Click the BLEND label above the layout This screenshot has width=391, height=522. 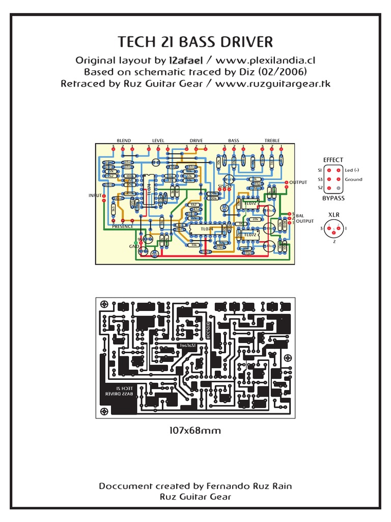(x=124, y=141)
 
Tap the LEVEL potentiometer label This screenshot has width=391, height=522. (x=158, y=141)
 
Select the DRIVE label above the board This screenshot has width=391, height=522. (x=196, y=141)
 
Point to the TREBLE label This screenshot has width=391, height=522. (x=272, y=141)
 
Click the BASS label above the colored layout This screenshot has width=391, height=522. (x=233, y=141)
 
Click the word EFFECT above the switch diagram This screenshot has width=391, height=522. (x=333, y=160)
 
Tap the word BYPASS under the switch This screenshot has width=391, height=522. (x=333, y=198)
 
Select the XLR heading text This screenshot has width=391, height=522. (x=333, y=215)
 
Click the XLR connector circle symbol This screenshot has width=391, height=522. (x=333, y=228)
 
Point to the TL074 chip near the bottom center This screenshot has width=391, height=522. (x=207, y=229)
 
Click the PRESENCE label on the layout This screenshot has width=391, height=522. (x=122, y=226)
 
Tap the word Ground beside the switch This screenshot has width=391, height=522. (x=353, y=179)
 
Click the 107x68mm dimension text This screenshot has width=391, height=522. (x=195, y=431)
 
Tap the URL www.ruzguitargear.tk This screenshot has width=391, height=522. (x=273, y=84)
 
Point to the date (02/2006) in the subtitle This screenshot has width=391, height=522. (x=284, y=72)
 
